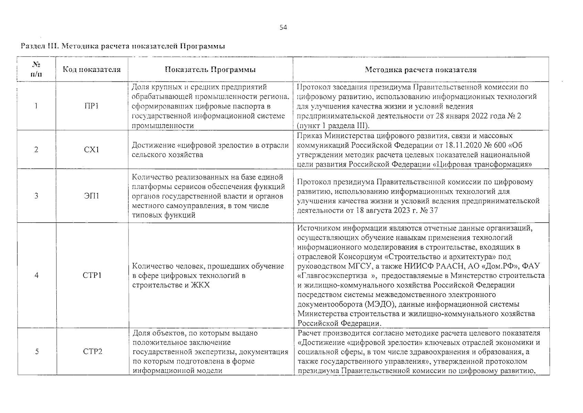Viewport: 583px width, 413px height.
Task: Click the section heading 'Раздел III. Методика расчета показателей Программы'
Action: (123, 46)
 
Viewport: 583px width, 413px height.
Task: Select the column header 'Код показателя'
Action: (92, 70)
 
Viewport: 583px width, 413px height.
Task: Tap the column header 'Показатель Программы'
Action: (210, 70)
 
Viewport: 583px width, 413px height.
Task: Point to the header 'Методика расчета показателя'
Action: (420, 70)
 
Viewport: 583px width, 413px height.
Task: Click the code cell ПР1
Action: (91, 106)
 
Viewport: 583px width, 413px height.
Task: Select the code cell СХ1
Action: (91, 150)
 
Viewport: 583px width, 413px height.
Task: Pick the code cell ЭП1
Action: (91, 196)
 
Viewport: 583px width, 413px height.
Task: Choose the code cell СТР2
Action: (92, 351)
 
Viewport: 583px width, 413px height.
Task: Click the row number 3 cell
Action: (36, 196)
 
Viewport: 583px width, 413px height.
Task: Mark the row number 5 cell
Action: (36, 351)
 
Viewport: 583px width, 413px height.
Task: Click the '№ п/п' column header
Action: (36, 70)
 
